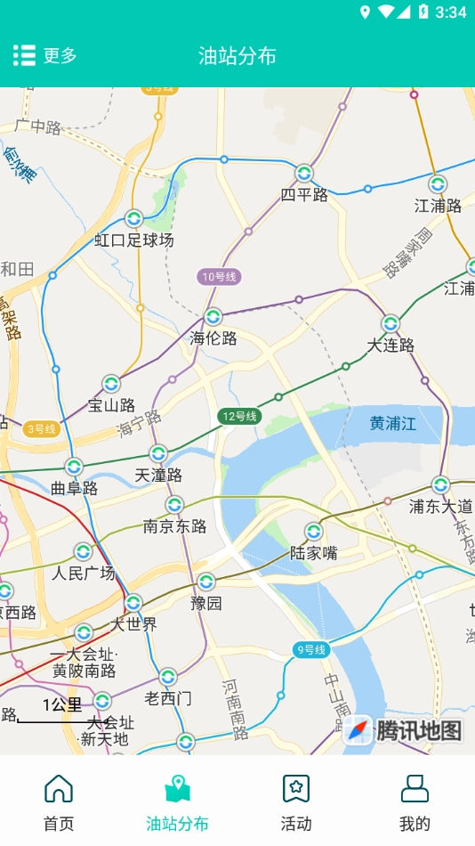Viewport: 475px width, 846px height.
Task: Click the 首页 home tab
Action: pos(59,802)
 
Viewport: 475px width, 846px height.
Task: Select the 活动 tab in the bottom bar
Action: pos(296,802)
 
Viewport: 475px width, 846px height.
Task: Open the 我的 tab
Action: pos(415,802)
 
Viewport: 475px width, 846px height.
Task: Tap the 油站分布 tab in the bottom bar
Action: pos(178,802)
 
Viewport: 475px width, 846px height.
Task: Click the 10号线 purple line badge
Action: pos(219,277)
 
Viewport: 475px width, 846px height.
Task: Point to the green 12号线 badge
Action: pos(239,416)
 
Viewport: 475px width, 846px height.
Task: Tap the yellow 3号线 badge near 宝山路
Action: pos(41,429)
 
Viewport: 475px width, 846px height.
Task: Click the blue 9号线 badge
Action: pos(311,650)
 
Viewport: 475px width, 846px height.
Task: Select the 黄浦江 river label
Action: pos(393,424)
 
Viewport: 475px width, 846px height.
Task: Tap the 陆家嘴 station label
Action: pos(314,553)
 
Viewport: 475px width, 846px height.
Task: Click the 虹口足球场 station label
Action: pos(134,240)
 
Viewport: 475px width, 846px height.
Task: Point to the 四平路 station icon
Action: pos(304,173)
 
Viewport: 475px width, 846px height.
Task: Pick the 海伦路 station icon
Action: pos(213,317)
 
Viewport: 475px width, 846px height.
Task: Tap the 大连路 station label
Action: pos(390,346)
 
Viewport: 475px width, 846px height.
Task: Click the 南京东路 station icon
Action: pos(174,505)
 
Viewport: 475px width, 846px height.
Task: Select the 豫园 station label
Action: pos(206,603)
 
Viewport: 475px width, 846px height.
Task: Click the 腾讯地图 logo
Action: pos(406,730)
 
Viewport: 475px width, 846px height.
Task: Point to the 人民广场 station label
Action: pos(84,573)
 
